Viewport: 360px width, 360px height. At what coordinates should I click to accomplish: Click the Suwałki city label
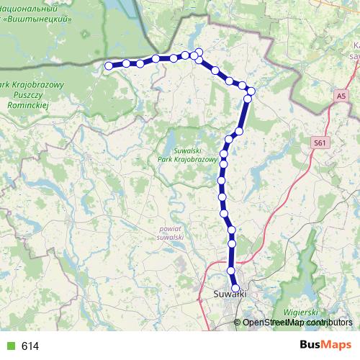[x=231, y=294]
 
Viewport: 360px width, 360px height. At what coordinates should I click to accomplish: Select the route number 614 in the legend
[x=30, y=346]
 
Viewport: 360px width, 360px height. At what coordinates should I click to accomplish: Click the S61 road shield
[x=320, y=144]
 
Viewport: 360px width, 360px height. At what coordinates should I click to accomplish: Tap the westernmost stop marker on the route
[x=109, y=66]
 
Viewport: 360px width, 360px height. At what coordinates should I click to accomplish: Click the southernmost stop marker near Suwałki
[x=235, y=289]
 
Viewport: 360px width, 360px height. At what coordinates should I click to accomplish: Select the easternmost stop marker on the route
[x=251, y=91]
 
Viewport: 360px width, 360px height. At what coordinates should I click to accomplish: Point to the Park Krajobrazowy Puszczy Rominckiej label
[x=34, y=94]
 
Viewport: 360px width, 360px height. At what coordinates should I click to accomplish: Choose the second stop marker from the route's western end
[x=126, y=63]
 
